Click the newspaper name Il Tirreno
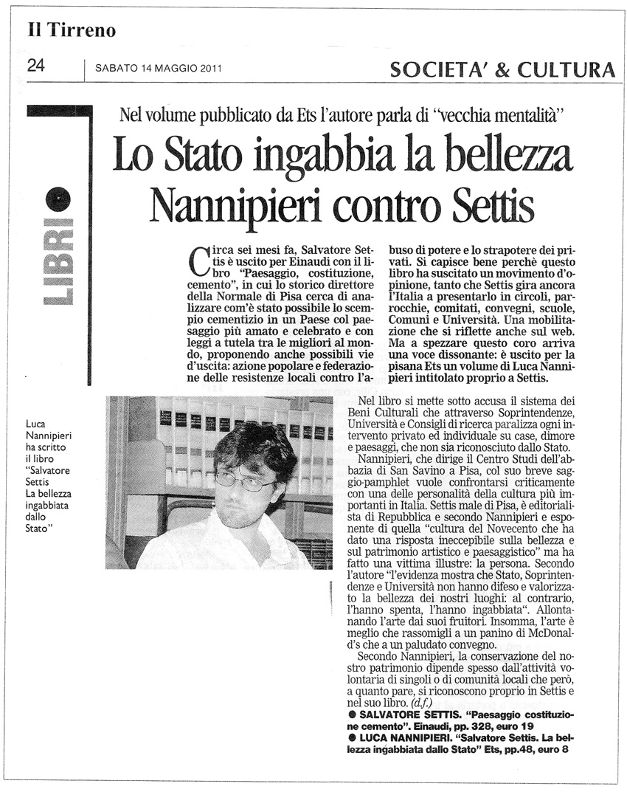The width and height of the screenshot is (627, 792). (72, 30)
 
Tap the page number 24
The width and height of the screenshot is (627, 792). (36, 66)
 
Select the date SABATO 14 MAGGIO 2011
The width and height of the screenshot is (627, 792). (159, 69)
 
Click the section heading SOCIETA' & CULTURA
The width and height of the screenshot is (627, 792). (502, 69)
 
